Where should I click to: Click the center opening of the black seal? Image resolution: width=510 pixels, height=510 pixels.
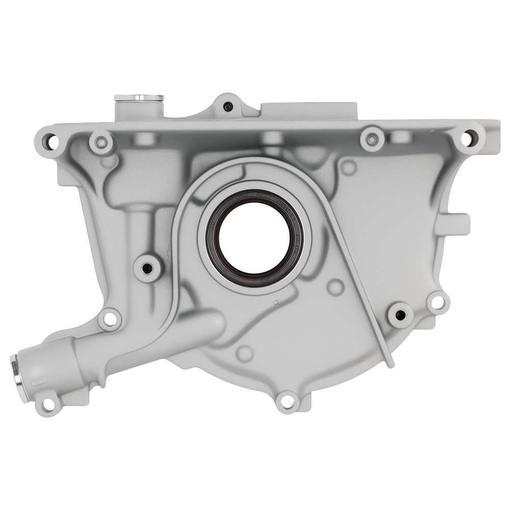[254, 238]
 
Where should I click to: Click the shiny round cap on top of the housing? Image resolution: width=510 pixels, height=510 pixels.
[139, 97]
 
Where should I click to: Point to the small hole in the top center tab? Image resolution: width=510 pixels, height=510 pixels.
[228, 107]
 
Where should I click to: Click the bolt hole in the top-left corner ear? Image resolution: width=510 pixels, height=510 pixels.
[49, 138]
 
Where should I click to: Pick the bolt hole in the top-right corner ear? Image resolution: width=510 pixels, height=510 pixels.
[468, 137]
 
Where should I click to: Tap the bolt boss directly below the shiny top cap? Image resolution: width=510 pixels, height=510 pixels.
[101, 142]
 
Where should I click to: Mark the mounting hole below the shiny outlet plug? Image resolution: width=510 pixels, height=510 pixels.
[48, 404]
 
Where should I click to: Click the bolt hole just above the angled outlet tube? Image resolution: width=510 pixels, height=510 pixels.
[109, 320]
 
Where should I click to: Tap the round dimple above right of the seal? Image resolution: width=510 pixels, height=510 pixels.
[348, 167]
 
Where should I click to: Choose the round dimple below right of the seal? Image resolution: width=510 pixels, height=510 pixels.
[335, 287]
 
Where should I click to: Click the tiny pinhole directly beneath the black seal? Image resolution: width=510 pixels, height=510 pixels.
[275, 303]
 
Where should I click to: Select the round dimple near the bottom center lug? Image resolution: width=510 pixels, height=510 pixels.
[245, 353]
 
